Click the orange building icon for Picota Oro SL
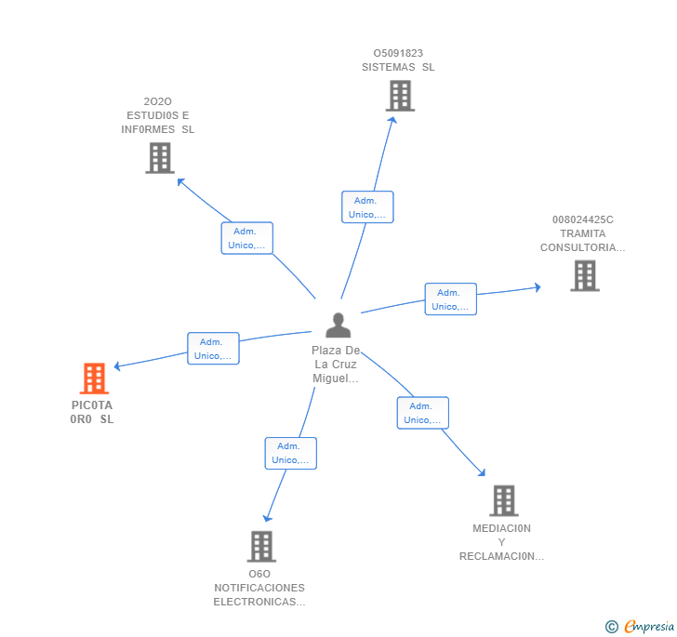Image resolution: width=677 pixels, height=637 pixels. coord(94,378)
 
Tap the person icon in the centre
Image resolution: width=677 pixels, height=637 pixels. coord(338,325)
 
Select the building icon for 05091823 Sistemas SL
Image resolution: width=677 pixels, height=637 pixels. coord(400,96)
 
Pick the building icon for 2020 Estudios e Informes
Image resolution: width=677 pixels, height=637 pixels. coord(160,158)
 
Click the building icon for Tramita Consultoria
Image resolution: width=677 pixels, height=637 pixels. coord(584,275)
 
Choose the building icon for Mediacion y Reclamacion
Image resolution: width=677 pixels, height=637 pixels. coord(503,500)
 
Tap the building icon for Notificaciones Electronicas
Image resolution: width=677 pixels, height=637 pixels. coord(261,546)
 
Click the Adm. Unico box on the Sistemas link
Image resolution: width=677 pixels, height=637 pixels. coord(367,207)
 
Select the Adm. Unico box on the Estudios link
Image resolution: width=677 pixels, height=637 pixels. coord(246,238)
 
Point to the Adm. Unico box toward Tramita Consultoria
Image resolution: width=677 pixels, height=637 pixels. coord(451,299)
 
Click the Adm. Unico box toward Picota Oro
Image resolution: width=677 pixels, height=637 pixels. coord(213,348)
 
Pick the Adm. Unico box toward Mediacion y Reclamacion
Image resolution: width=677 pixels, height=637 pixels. coord(423,413)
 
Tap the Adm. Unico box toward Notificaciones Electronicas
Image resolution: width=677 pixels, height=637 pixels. coord(290,453)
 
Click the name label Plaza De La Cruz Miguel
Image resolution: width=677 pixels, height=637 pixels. coord(336,365)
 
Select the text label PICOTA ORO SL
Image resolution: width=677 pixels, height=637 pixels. coord(92,412)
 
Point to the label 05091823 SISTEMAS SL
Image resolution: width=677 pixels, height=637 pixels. coord(398,60)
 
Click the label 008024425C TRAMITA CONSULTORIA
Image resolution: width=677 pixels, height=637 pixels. coord(583,234)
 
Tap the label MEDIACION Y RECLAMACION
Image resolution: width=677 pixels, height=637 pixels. coord(501,542)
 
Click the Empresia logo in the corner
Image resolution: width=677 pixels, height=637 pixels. coord(641,627)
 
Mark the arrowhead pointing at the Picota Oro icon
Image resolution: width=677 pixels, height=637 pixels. coord(116,366)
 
